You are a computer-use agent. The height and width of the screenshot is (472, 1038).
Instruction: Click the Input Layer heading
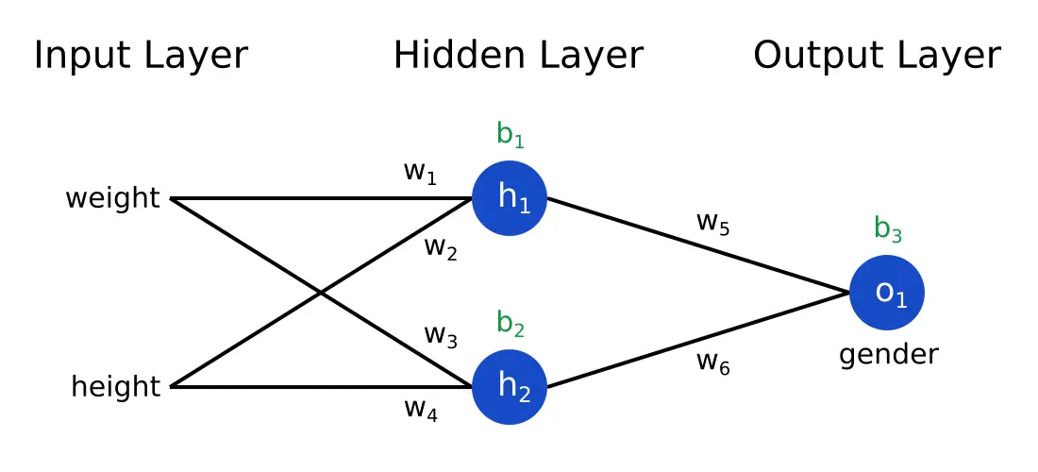pyautogui.click(x=141, y=56)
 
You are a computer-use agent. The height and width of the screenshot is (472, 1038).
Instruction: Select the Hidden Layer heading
pyautogui.click(x=518, y=56)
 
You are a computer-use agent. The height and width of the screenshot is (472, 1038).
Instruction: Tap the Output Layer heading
pyautogui.click(x=877, y=56)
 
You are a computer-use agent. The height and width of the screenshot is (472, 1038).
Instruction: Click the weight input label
pyautogui.click(x=112, y=199)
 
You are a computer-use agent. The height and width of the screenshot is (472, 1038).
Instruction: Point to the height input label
pyautogui.click(x=116, y=387)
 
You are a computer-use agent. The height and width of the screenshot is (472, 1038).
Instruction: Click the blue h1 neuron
pyautogui.click(x=510, y=198)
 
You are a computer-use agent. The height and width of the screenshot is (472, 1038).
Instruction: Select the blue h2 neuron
pyautogui.click(x=510, y=387)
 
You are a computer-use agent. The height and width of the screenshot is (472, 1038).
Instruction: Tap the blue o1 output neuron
pyautogui.click(x=887, y=293)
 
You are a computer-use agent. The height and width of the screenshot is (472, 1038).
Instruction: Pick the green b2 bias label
pyautogui.click(x=510, y=325)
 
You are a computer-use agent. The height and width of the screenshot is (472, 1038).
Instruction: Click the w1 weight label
pyautogui.click(x=420, y=173)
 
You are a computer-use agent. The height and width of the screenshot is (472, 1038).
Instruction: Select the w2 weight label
pyautogui.click(x=441, y=248)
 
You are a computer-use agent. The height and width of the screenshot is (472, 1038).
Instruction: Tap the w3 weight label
pyautogui.click(x=441, y=335)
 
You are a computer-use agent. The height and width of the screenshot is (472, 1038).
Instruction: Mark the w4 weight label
pyautogui.click(x=420, y=409)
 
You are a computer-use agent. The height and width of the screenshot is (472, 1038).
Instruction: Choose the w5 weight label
pyautogui.click(x=712, y=223)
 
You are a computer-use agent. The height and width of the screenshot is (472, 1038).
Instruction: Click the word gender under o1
pyautogui.click(x=888, y=355)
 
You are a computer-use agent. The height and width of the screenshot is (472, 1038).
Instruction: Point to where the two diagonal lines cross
pyautogui.click(x=322, y=294)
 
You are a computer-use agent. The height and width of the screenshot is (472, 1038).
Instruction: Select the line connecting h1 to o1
pyautogui.click(x=698, y=245)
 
